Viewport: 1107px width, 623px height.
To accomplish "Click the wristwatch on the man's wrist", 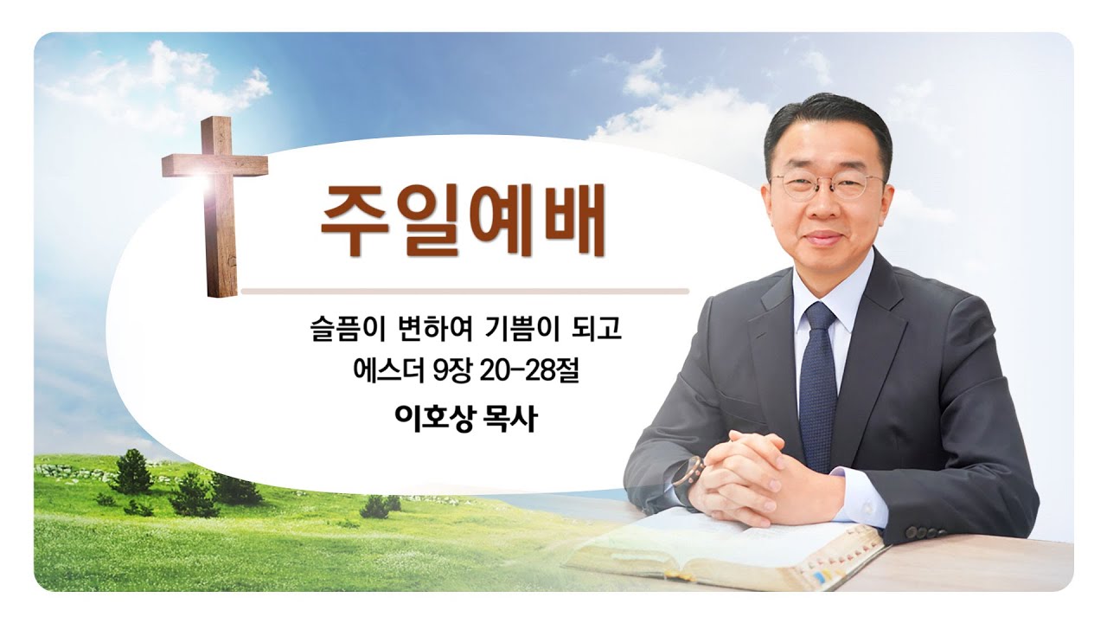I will coord(690,476).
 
